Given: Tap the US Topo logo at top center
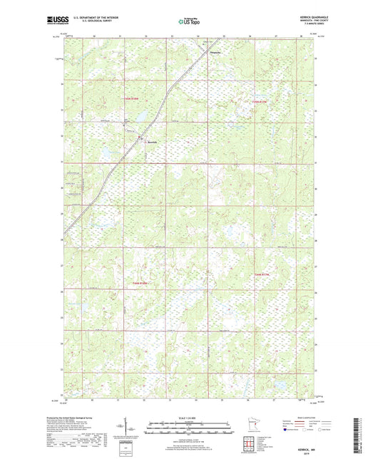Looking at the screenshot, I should pos(189,21).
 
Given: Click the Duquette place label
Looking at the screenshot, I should pos(216,52).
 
